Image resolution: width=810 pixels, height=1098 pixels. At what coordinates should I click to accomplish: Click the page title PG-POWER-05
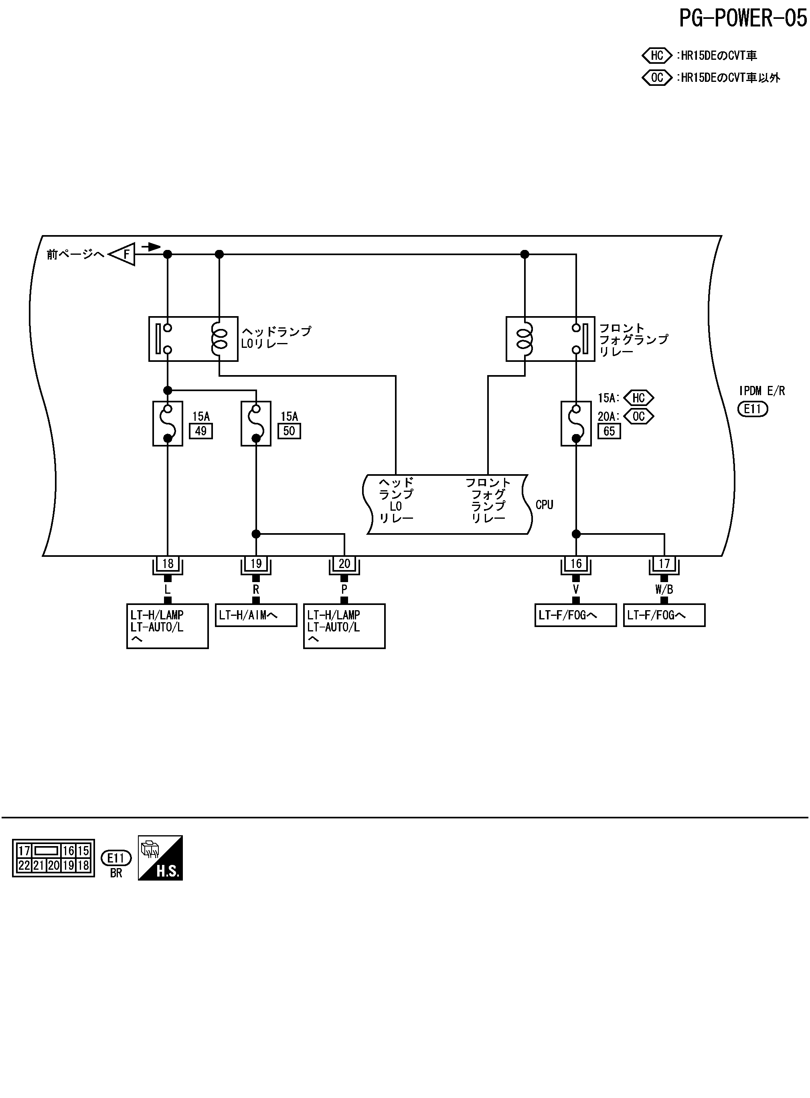point(742,18)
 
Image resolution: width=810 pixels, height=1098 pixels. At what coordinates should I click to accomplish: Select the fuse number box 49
point(201,431)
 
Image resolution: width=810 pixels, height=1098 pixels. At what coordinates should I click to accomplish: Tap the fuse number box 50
point(289,431)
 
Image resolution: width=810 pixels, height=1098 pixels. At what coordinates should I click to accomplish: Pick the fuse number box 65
point(609,431)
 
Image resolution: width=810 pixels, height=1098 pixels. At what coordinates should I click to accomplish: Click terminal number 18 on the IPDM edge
point(168,564)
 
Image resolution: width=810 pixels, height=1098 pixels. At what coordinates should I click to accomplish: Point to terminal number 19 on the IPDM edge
point(256,564)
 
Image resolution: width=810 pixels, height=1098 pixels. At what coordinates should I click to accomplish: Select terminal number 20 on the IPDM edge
point(344,564)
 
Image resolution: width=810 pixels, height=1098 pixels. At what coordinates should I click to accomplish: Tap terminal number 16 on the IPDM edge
point(576,564)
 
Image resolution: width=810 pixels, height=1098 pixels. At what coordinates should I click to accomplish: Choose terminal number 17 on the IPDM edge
point(664,564)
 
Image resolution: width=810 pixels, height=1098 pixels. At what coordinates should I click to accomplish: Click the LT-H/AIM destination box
point(256,615)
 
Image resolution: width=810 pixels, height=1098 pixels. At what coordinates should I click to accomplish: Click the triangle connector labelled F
point(123,254)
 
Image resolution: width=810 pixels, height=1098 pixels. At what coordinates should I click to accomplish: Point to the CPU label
point(544,505)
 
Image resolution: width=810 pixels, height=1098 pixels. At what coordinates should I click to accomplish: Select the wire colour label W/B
point(664,589)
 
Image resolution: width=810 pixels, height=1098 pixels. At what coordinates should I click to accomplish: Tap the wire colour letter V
point(576,589)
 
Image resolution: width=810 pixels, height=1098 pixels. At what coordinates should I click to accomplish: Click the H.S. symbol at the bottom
point(160,858)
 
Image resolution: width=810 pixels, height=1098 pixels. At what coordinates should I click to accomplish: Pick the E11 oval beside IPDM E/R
point(753,409)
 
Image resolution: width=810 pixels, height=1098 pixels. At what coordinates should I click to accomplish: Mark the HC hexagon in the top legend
point(657,55)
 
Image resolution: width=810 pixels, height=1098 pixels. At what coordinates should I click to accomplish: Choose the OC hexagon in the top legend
point(657,77)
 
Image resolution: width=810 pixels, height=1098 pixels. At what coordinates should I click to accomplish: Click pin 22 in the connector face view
point(24,866)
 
